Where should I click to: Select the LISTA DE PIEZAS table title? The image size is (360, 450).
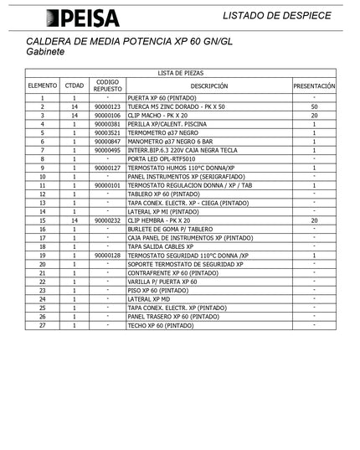point(180,74)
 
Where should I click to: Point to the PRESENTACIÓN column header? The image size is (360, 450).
point(314,85)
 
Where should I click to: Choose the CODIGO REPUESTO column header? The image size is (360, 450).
point(108,85)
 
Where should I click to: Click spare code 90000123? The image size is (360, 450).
point(108,107)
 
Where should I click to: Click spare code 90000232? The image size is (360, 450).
point(108,220)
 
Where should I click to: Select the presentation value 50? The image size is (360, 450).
point(314,107)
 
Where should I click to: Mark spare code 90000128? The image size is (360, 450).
point(108,256)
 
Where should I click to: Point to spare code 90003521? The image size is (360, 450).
point(108,133)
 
